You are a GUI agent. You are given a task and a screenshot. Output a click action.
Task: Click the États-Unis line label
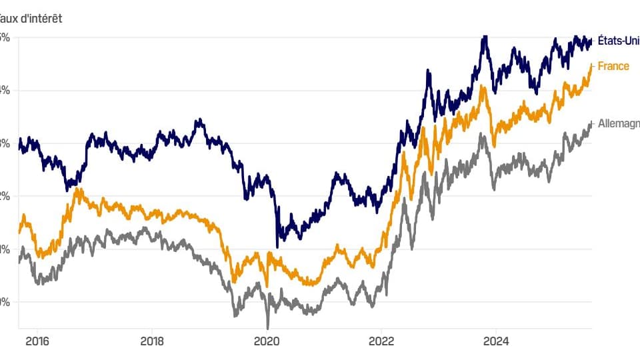pyautogui.click(x=619, y=41)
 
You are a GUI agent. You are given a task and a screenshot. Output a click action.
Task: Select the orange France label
pyautogui.click(x=613, y=66)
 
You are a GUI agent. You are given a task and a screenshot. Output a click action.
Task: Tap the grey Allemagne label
pyautogui.click(x=619, y=123)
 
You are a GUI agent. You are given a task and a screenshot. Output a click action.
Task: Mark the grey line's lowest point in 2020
pyautogui.click(x=268, y=328)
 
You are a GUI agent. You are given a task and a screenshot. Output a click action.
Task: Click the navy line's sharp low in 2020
pyautogui.click(x=277, y=247)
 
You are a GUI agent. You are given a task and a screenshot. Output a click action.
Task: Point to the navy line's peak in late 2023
pyautogui.click(x=485, y=37)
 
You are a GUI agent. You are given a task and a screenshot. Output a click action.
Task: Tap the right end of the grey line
pyautogui.click(x=591, y=124)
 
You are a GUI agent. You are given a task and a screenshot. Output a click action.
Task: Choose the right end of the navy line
pyautogui.click(x=591, y=41)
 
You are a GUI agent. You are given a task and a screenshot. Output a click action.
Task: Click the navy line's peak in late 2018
pyautogui.click(x=198, y=121)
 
